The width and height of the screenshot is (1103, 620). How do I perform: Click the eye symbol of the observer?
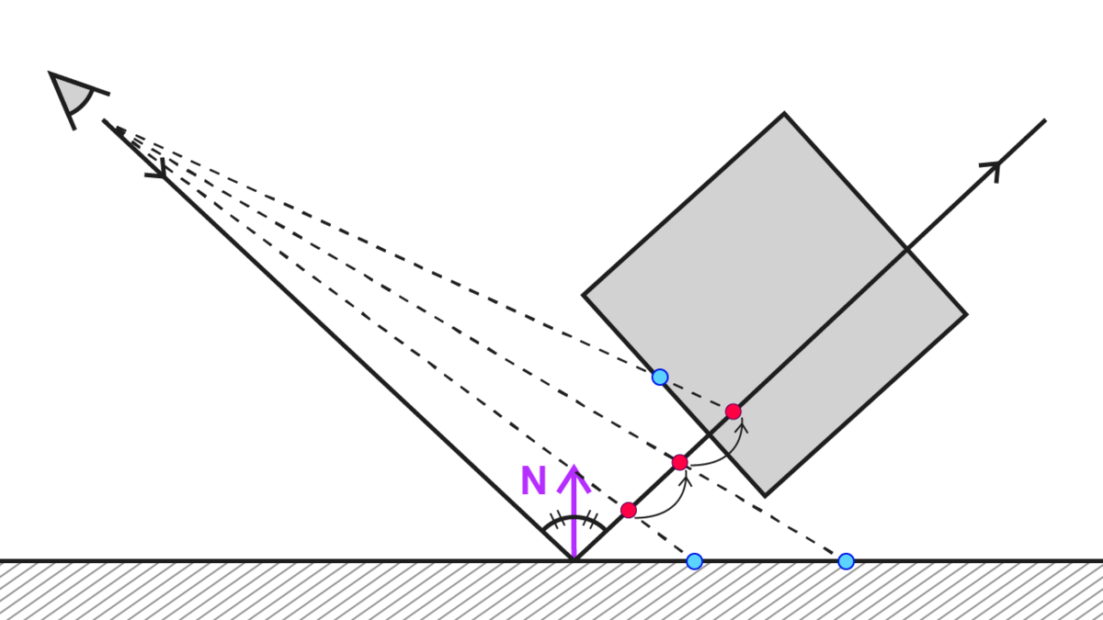(74, 94)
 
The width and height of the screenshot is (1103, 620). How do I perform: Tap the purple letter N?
(533, 480)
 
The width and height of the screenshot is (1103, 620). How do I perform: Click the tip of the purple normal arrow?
(574, 467)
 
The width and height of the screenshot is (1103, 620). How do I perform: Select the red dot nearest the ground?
(628, 510)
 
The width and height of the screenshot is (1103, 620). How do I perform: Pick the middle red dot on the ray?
(679, 462)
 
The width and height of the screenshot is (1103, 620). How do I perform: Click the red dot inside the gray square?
(733, 411)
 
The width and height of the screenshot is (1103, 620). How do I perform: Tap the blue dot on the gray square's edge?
(659, 378)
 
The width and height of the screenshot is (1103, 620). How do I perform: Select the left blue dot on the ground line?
(694, 560)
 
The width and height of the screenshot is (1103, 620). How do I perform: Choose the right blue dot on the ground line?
(846, 560)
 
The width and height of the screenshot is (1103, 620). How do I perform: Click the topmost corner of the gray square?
(784, 114)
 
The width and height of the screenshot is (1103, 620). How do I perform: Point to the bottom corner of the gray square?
(765, 495)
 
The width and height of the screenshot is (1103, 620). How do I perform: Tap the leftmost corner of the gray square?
(584, 296)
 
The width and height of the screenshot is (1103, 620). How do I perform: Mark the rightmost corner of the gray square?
(966, 314)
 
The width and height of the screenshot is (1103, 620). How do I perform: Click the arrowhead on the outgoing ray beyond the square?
(993, 168)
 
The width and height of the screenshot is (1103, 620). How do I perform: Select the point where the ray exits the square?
(906, 250)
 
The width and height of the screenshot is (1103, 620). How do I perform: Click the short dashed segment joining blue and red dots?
(696, 395)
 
